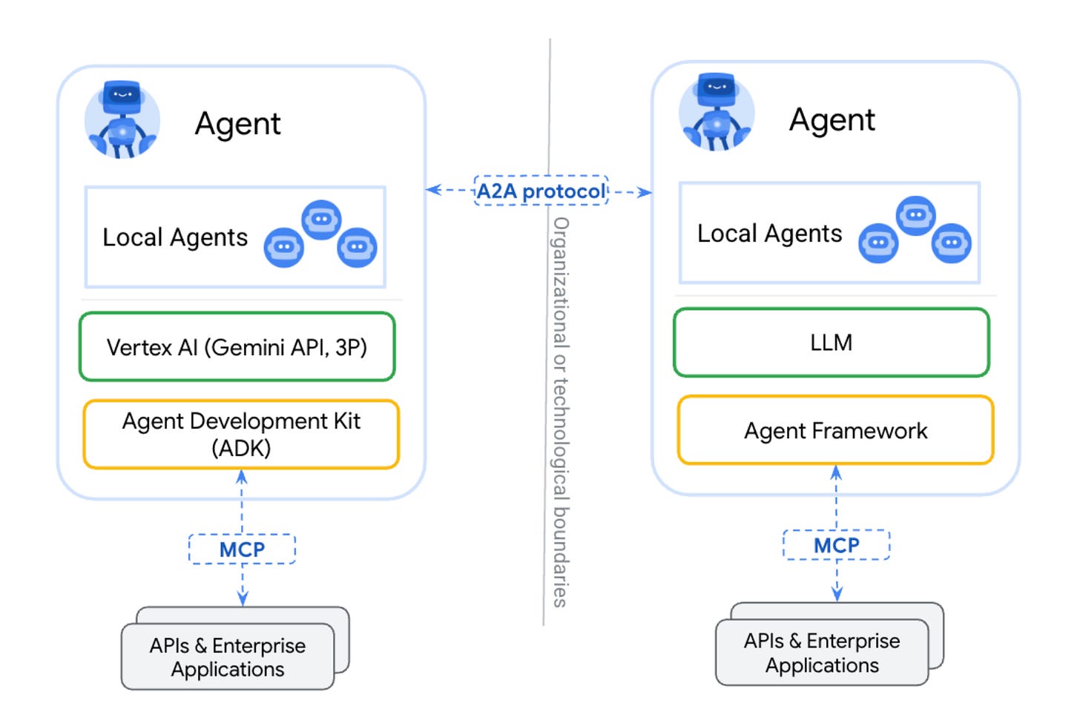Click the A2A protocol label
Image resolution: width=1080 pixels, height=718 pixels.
(541, 191)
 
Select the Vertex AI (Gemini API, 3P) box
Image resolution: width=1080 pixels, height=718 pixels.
(237, 347)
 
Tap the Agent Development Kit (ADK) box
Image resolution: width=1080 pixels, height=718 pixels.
(241, 435)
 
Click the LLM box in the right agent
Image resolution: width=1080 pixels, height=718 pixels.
(831, 343)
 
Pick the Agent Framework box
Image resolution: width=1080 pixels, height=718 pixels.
(835, 430)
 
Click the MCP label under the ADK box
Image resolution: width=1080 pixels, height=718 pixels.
(242, 550)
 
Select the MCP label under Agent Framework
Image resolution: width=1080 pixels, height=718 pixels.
(836, 545)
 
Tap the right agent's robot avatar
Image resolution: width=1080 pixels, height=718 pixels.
(717, 113)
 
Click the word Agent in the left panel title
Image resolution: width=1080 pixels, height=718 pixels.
(237, 124)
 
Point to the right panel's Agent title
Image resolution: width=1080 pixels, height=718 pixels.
(832, 120)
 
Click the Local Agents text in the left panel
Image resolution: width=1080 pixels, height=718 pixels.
(175, 237)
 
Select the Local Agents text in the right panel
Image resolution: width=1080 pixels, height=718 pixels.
(769, 234)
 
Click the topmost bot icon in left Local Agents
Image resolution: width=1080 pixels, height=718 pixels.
(321, 220)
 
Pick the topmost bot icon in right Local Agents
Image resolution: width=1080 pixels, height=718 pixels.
(915, 215)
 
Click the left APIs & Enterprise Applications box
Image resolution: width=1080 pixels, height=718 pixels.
(228, 657)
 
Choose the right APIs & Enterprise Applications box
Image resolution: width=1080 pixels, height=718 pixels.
(822, 653)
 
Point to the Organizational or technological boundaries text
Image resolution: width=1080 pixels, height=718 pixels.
(561, 412)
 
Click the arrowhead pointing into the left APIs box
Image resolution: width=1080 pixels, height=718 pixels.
(242, 598)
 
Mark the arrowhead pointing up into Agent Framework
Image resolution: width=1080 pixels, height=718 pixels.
(836, 472)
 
